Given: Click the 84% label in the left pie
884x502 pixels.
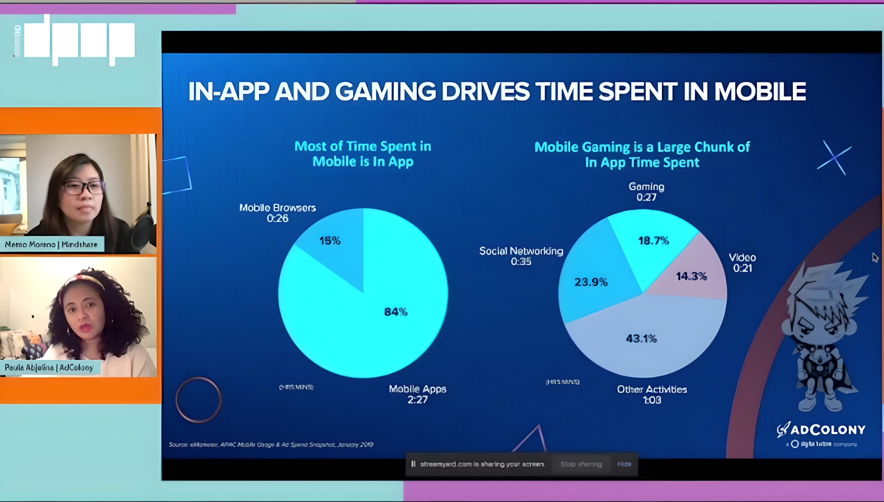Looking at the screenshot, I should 396,312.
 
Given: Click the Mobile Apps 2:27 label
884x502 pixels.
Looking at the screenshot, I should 417,394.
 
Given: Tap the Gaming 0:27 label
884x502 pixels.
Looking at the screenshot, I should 646,192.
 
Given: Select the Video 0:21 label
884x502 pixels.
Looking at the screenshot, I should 742,263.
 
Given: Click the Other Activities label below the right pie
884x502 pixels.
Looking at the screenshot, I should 652,394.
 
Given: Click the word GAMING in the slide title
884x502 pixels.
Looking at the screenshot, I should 385,92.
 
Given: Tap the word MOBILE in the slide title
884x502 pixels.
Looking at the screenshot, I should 760,92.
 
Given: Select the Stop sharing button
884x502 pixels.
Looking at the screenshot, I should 581,464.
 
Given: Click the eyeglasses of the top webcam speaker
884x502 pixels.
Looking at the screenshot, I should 83,187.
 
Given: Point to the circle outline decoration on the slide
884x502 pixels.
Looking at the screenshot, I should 199,399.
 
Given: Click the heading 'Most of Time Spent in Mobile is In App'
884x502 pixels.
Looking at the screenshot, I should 363,154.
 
